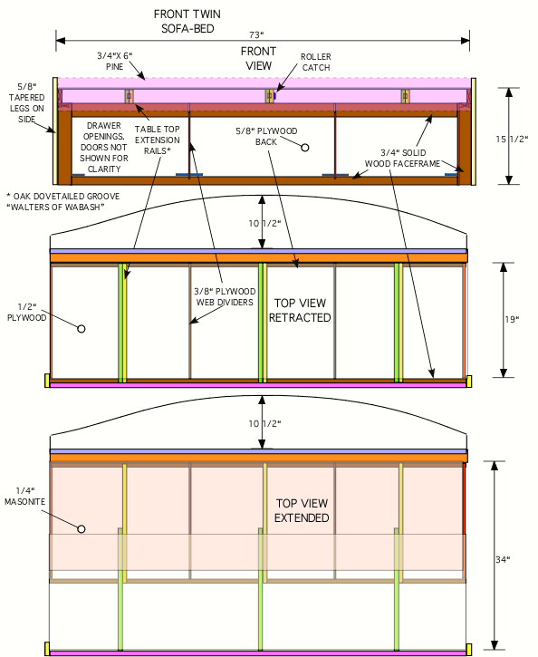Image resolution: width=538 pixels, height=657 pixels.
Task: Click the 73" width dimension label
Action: (x=256, y=34)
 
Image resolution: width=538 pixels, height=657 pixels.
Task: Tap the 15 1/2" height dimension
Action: (x=512, y=140)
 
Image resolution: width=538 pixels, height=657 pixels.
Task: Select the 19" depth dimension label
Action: (x=512, y=319)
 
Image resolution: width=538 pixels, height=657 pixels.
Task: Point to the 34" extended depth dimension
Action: (x=503, y=559)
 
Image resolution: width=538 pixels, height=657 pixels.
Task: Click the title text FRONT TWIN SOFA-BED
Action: (x=187, y=22)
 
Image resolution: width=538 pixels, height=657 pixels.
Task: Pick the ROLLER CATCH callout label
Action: (x=316, y=62)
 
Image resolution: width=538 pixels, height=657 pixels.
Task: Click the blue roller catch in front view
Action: (x=274, y=96)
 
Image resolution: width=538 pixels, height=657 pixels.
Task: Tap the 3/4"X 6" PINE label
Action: (x=115, y=62)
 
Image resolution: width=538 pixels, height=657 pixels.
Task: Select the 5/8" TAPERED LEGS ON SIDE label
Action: (x=27, y=102)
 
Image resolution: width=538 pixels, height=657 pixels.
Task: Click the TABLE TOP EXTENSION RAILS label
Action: (x=157, y=140)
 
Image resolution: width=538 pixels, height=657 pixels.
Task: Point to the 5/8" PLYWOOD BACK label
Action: (x=266, y=137)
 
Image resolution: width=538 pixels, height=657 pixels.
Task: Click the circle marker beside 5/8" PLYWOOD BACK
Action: (x=305, y=148)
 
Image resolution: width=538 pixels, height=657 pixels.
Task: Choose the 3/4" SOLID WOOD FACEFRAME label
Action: (x=402, y=158)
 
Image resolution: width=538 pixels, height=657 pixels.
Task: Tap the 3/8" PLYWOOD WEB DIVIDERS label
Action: (x=225, y=296)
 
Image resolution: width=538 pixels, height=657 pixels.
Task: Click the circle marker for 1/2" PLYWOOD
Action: (x=82, y=329)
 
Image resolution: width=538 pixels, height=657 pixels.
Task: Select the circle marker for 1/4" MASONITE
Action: (x=82, y=529)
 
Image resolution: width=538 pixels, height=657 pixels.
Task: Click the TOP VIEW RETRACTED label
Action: (x=300, y=310)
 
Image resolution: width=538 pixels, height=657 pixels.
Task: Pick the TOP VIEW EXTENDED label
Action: (x=302, y=510)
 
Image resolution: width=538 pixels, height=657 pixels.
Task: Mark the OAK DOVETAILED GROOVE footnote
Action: (x=63, y=201)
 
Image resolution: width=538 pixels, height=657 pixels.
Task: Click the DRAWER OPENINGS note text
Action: (x=104, y=147)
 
